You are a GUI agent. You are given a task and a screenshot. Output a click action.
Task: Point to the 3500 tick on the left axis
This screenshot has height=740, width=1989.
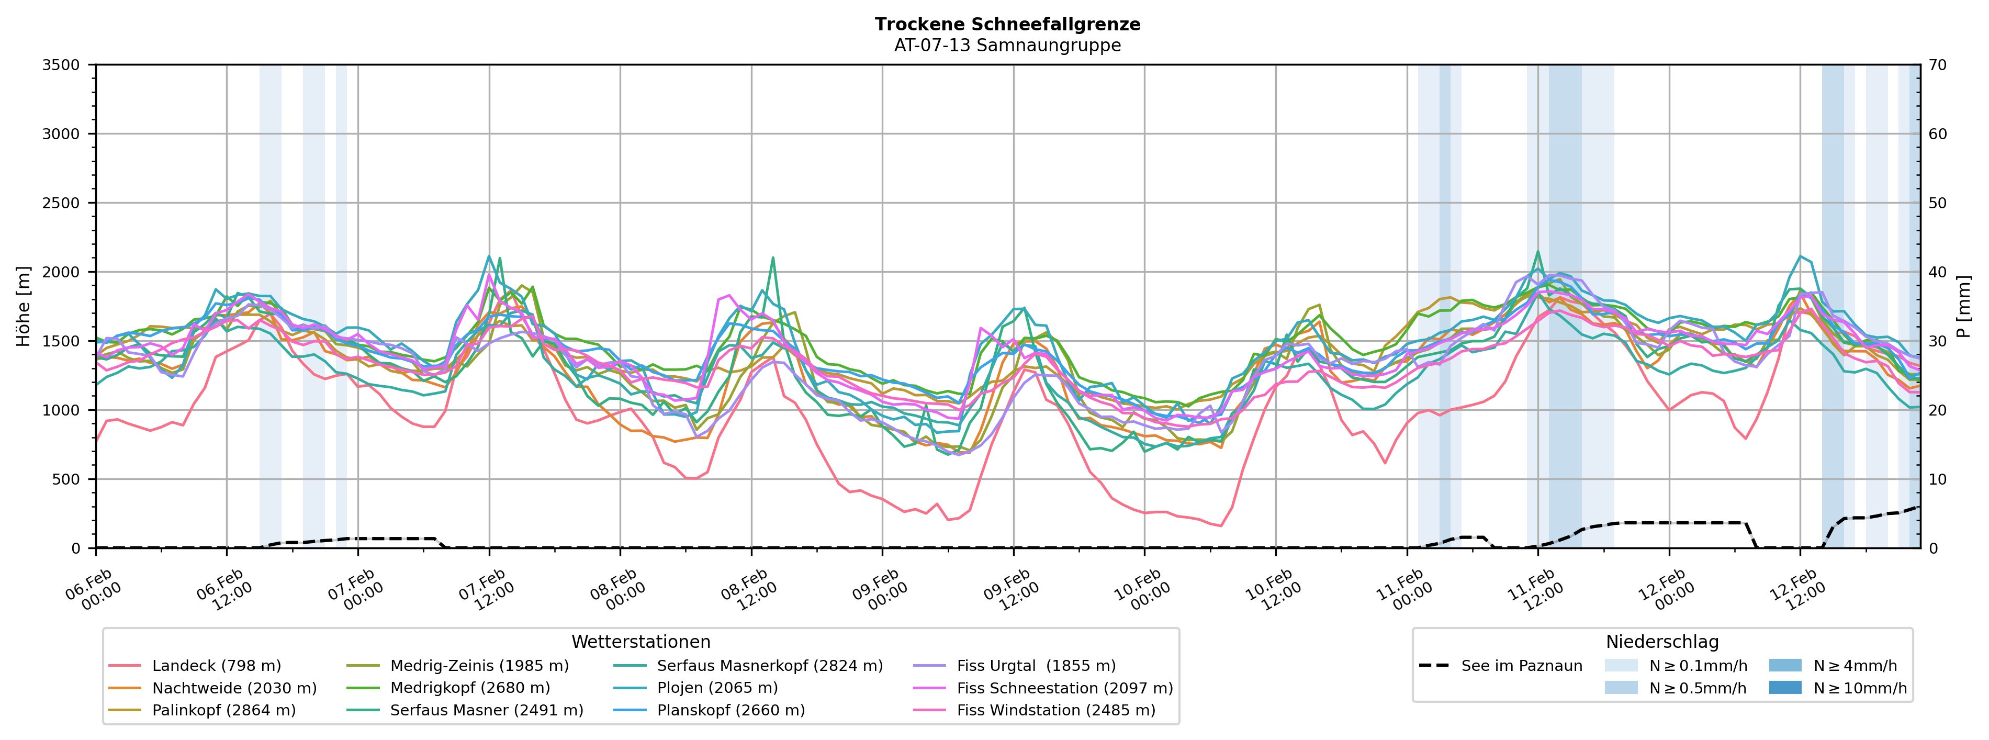(x=61, y=65)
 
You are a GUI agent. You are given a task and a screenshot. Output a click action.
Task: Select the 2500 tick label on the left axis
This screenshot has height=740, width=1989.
(x=61, y=203)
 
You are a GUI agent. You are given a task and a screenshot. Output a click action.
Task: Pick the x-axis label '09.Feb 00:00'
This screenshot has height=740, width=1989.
(x=880, y=591)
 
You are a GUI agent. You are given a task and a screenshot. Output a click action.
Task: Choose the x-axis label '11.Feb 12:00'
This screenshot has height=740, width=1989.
(x=1536, y=591)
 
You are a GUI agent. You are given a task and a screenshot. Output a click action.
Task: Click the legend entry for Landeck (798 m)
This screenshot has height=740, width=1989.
(x=216, y=666)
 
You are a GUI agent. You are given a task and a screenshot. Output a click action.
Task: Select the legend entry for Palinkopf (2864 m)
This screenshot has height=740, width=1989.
(x=224, y=710)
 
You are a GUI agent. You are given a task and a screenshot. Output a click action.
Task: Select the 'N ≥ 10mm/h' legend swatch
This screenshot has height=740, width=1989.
(x=1784, y=688)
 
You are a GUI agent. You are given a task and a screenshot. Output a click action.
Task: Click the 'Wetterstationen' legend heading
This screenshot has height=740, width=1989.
(x=640, y=642)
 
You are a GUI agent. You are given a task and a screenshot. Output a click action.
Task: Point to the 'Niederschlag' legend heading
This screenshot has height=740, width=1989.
(x=1661, y=642)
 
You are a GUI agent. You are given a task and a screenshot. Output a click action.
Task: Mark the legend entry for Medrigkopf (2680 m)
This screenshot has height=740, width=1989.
(x=469, y=688)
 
